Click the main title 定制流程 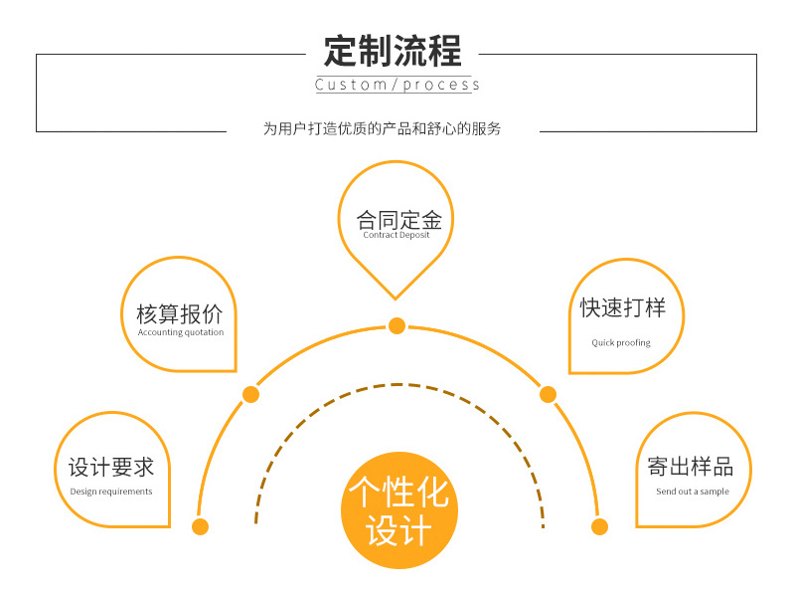pyautogui.click(x=394, y=51)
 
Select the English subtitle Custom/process pyautogui.click(x=397, y=86)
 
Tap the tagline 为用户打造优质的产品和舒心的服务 pyautogui.click(x=383, y=129)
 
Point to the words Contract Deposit pyautogui.click(x=397, y=236)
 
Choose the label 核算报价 pyautogui.click(x=180, y=314)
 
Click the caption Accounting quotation pyautogui.click(x=181, y=332)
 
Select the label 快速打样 pyautogui.click(x=623, y=308)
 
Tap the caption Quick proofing pyautogui.click(x=621, y=343)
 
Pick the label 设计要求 pyautogui.click(x=111, y=467)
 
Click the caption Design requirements pyautogui.click(x=111, y=492)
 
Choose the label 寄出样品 pyautogui.click(x=691, y=467)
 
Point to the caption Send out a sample pyautogui.click(x=693, y=492)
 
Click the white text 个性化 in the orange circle pyautogui.click(x=398, y=493)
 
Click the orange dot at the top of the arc pyautogui.click(x=397, y=325)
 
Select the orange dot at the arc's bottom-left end pyautogui.click(x=201, y=526)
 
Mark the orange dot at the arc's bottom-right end pyautogui.click(x=599, y=526)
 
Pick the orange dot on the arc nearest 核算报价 pyautogui.click(x=250, y=395)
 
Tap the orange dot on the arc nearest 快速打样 pyautogui.click(x=548, y=395)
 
